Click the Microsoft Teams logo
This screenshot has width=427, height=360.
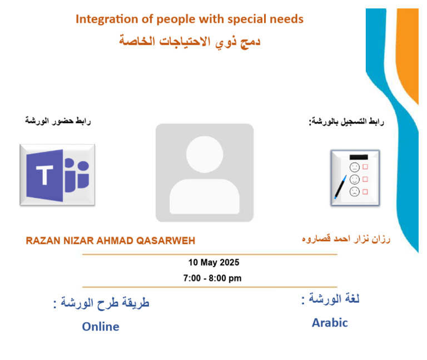point(57,174)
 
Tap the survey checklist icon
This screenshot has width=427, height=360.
point(355,177)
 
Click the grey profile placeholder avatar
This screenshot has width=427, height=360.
point(204,172)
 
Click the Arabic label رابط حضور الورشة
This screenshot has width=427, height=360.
point(58,121)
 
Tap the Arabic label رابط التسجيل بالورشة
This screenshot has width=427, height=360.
point(347,121)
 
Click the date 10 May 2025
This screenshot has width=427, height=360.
point(213,263)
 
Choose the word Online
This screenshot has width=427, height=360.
point(101,327)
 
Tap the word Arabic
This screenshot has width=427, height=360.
point(330,323)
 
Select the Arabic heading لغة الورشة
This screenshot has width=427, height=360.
point(330,299)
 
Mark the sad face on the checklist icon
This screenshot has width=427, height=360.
point(354,191)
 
